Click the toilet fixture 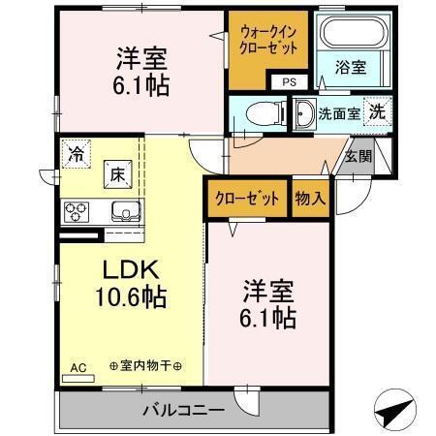[x=257, y=110]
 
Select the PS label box [x=289, y=82]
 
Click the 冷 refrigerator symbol [x=76, y=152]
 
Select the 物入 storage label [x=310, y=198]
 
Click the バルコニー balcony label [x=184, y=408]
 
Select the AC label [x=79, y=368]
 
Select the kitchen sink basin [x=125, y=211]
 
